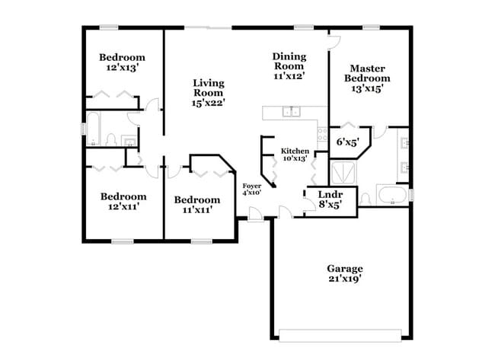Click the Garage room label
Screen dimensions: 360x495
(x=344, y=269)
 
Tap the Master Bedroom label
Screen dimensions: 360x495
(x=367, y=73)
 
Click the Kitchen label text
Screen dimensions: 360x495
(x=294, y=151)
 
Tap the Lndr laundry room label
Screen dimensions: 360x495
(x=329, y=194)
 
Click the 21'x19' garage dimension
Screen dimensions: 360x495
(x=344, y=279)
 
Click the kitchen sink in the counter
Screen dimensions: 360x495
(x=292, y=113)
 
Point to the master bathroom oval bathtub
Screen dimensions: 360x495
(x=391, y=196)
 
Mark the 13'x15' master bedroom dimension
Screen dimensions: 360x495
(x=367, y=88)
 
